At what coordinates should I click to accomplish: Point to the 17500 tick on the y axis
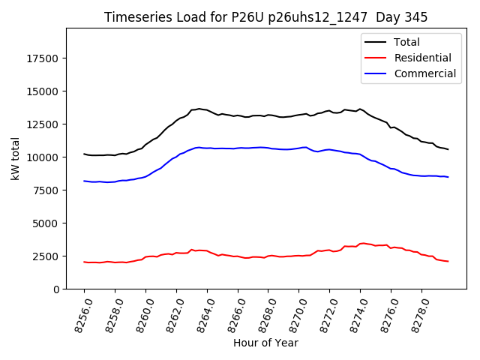point(43,58)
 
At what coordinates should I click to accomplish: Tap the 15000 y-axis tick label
point(43,91)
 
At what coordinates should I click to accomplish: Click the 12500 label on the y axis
point(43,124)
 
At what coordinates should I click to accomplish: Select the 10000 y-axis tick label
point(43,157)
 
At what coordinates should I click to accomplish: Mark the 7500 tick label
point(46,190)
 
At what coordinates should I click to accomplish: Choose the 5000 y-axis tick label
point(46,223)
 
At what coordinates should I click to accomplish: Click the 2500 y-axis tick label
point(46,256)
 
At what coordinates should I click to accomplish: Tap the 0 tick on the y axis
point(56,289)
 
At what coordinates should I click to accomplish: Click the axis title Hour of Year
point(265,343)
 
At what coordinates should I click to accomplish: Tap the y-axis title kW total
point(15,159)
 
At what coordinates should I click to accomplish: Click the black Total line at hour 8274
point(360,109)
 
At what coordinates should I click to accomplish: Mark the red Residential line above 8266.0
point(238,256)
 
